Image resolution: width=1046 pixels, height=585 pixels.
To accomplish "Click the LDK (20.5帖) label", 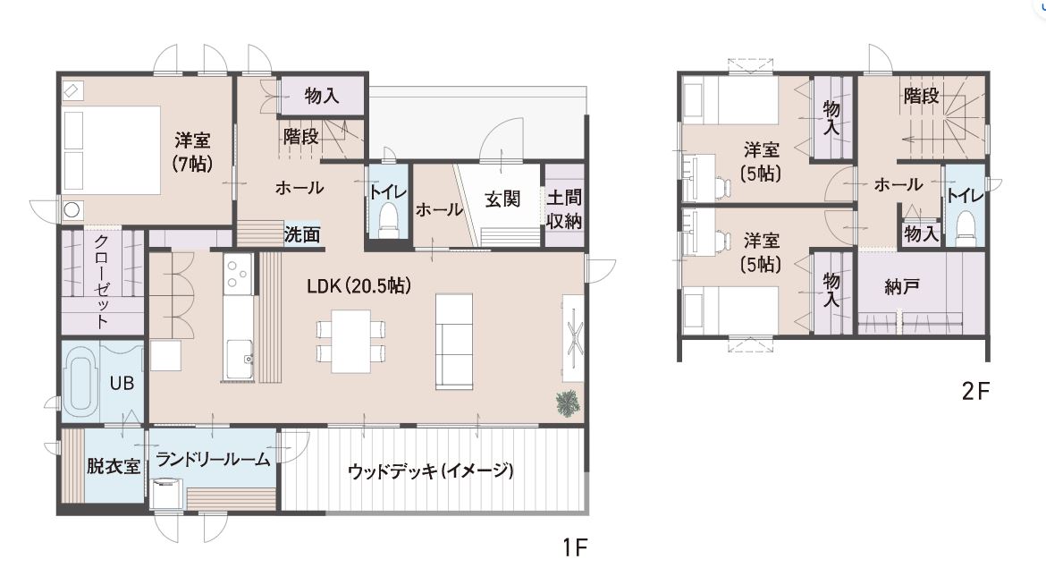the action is tap(359, 286).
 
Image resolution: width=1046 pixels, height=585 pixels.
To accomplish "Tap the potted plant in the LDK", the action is tap(568, 403).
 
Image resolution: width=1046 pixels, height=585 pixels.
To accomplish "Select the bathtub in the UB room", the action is tap(80, 382).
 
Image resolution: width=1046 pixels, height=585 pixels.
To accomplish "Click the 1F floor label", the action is tap(574, 547).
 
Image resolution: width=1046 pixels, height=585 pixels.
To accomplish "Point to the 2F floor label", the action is tap(975, 391).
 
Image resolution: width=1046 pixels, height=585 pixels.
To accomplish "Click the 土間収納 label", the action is tap(564, 209).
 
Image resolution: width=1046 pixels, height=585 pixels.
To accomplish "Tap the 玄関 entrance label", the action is tap(502, 199).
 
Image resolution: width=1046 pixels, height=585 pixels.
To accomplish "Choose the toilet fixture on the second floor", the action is tap(966, 225).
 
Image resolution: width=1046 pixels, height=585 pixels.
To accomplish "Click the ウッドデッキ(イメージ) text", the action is tap(431, 471).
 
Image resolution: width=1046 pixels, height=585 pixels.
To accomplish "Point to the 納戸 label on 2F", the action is tap(902, 287).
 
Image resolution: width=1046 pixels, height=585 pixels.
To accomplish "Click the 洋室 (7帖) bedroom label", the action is tap(193, 151).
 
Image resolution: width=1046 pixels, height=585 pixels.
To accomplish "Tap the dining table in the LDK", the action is tap(350, 342).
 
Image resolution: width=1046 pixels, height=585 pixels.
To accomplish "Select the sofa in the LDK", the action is tap(453, 342).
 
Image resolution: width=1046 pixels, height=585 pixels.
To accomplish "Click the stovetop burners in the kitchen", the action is tap(237, 273).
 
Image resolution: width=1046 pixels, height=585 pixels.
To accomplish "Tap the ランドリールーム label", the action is tap(213, 459).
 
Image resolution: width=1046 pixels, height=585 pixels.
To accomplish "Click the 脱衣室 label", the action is tap(114, 466).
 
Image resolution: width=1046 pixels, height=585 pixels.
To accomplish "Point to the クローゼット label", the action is tap(101, 281).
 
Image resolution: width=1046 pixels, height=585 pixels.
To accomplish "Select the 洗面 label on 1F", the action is tap(302, 234).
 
